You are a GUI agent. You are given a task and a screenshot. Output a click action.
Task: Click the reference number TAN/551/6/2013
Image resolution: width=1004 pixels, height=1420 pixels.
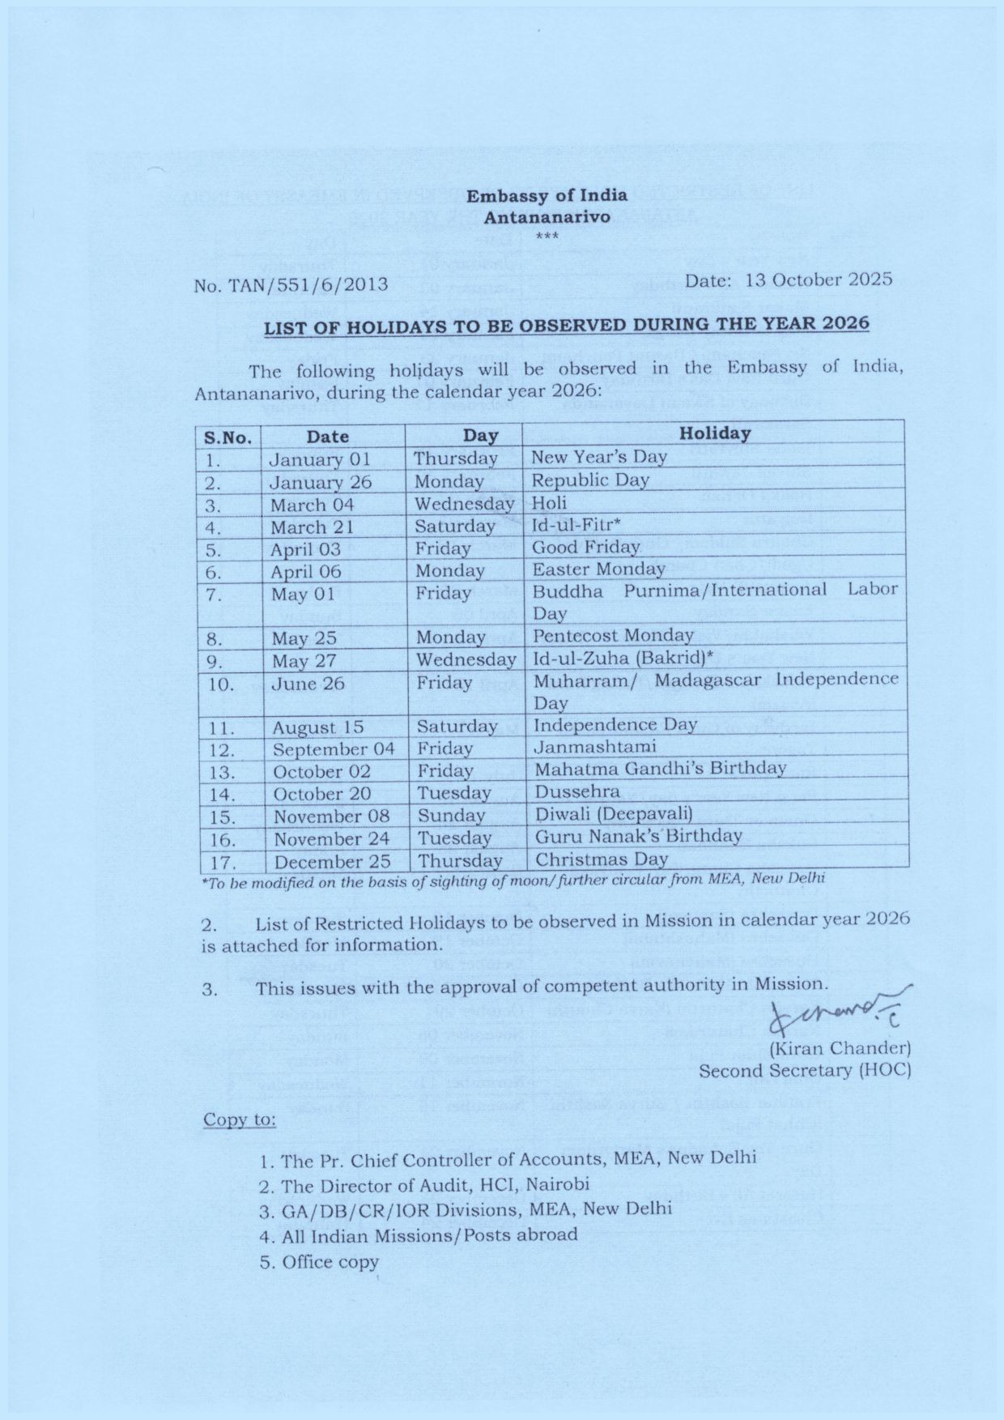pyautogui.click(x=291, y=284)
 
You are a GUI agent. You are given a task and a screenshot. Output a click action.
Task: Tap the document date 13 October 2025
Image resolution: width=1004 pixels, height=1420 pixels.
pyautogui.click(x=788, y=279)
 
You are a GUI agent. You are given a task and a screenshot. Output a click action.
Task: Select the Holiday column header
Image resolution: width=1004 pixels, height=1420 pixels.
pyautogui.click(x=714, y=433)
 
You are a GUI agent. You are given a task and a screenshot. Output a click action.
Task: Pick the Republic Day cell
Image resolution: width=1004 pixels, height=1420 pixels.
pyautogui.click(x=590, y=480)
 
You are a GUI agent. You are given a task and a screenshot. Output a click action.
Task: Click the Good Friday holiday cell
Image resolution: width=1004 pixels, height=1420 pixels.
pyautogui.click(x=585, y=547)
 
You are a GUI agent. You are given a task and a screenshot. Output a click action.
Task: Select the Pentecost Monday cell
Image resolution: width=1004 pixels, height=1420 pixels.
pyautogui.click(x=613, y=635)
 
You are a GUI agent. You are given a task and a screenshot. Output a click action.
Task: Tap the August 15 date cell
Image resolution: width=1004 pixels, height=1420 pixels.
pyautogui.click(x=317, y=727)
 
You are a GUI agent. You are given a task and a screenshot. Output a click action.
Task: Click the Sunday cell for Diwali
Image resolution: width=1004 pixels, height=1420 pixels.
pyautogui.click(x=451, y=815)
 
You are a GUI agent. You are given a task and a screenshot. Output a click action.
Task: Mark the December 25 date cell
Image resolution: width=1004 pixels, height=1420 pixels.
pyautogui.click(x=332, y=861)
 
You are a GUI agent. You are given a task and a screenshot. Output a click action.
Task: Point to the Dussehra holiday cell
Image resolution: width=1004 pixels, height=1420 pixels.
pyautogui.click(x=577, y=791)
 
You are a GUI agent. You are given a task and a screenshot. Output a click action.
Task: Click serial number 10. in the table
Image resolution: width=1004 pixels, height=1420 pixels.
pyautogui.click(x=222, y=684)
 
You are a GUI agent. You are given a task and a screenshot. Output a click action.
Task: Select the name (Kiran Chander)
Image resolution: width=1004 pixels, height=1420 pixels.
pyautogui.click(x=840, y=1048)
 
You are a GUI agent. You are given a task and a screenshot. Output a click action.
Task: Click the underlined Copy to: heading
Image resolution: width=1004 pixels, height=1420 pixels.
pyautogui.click(x=239, y=1119)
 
